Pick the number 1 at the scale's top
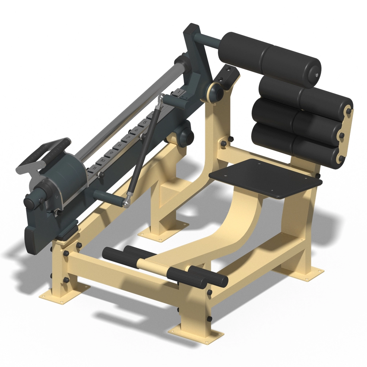179,92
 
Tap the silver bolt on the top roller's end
316,76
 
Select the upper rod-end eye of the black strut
161,98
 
